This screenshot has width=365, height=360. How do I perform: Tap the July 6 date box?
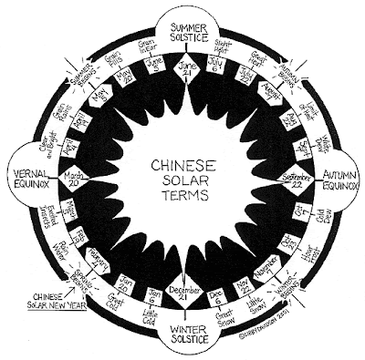223,69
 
